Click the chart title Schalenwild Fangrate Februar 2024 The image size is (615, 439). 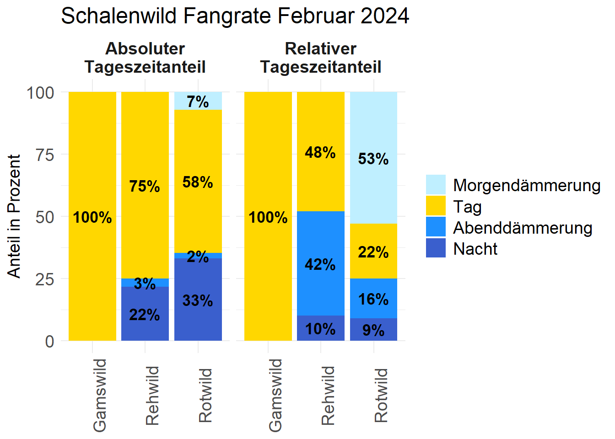(x=235, y=16)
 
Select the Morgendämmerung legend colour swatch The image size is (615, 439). (x=435, y=185)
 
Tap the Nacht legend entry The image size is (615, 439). (x=475, y=249)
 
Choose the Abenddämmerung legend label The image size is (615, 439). (x=523, y=228)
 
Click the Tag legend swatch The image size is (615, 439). (x=435, y=206)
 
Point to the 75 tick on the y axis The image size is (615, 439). (x=45, y=155)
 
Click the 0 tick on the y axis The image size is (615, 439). (x=49, y=341)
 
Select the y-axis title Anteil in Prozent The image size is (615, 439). (x=15, y=216)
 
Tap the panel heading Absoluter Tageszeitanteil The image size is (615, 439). (x=145, y=58)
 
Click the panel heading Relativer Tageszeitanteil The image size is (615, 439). (x=320, y=58)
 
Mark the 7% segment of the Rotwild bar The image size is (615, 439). (x=198, y=101)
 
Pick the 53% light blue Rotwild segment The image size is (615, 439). (x=373, y=158)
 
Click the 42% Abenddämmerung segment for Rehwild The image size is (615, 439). (x=320, y=264)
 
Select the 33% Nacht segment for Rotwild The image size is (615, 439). (x=198, y=300)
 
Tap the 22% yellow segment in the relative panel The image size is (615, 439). (x=373, y=252)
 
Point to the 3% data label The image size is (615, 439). (x=145, y=284)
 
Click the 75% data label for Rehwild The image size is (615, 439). (x=145, y=186)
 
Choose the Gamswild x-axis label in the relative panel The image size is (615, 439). (x=275, y=395)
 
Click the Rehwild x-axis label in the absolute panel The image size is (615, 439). (x=152, y=396)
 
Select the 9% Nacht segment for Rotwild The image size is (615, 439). (x=373, y=330)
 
